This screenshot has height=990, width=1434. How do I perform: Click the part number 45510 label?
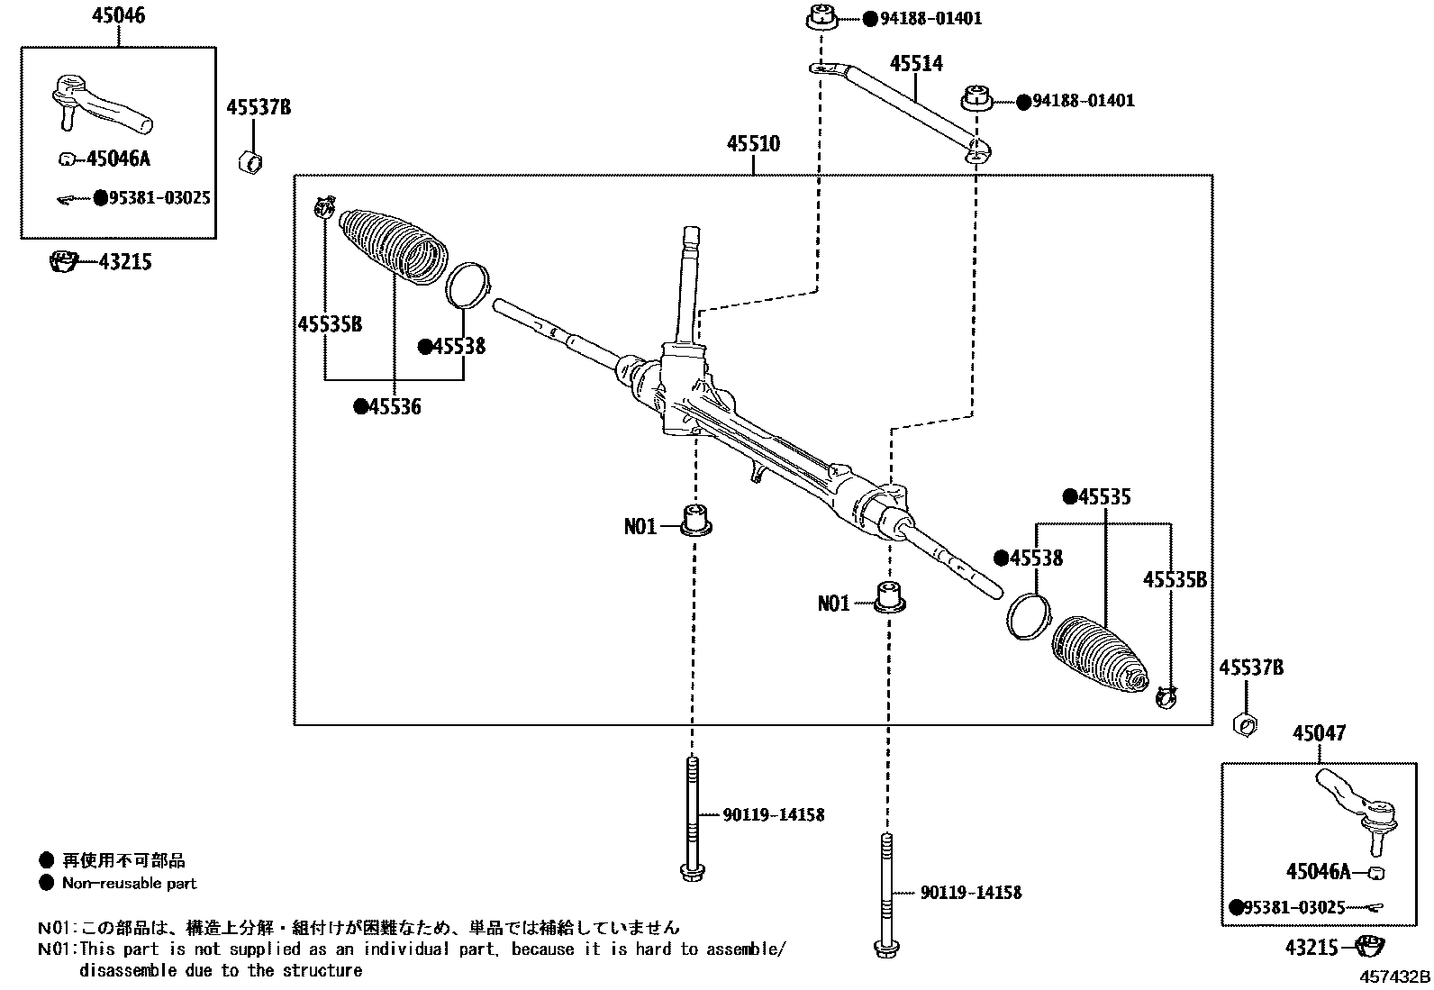(755, 144)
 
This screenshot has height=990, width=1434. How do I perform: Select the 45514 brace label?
(916, 64)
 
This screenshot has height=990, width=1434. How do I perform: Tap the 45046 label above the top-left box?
(118, 16)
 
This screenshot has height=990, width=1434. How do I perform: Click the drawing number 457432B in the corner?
(1394, 977)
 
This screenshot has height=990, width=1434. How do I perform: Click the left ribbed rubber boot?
(393, 241)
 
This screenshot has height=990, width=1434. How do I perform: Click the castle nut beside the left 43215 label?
(62, 262)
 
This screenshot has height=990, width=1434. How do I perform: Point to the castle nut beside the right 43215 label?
(1369, 946)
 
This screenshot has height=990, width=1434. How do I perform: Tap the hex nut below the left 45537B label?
(250, 163)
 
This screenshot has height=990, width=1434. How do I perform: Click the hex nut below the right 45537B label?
(1245, 724)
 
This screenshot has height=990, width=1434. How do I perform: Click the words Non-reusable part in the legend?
(129, 884)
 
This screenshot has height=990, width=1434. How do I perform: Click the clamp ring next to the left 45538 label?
(467, 284)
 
